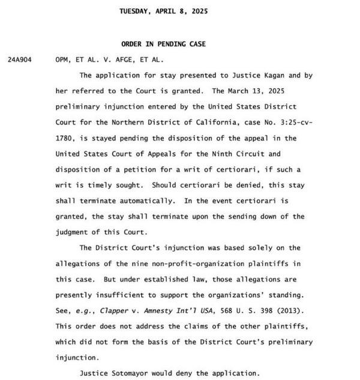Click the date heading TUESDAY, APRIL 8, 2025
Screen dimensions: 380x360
click(x=163, y=11)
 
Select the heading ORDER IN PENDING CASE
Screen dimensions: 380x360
click(x=163, y=44)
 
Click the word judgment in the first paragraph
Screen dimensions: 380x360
click(x=74, y=232)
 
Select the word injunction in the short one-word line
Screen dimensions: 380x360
click(x=77, y=357)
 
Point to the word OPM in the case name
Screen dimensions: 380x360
click(x=62, y=60)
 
